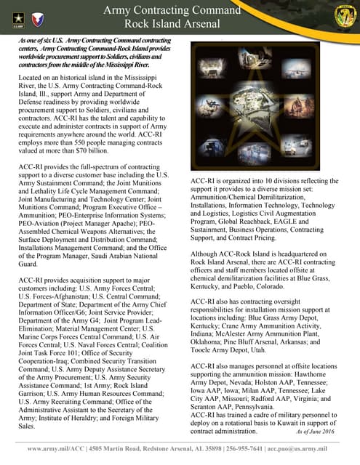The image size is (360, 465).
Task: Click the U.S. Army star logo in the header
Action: (x=15, y=15)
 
